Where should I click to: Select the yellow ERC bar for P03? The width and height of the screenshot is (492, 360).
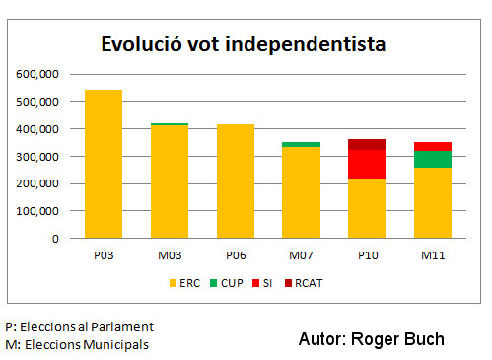(104, 164)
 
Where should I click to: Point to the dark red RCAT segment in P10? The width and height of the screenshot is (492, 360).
(367, 144)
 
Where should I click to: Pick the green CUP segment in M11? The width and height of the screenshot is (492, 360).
(432, 159)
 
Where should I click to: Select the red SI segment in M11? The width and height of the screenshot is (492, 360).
(432, 146)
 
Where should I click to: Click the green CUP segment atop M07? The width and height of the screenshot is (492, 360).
(301, 144)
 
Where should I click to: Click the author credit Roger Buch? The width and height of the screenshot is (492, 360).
(371, 339)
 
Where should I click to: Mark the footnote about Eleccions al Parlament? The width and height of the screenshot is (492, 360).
(79, 325)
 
